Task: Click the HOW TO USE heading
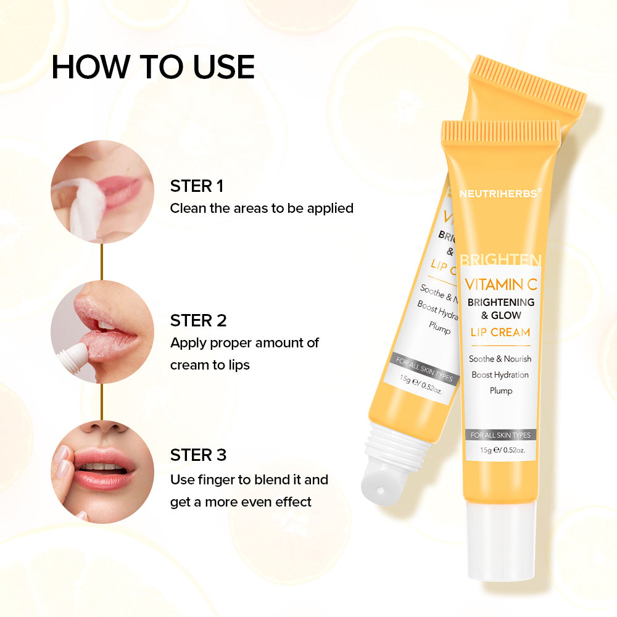(153, 67)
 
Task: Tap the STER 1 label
(197, 186)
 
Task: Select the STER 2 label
(198, 320)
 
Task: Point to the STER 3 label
(198, 455)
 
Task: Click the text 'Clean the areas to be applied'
(262, 208)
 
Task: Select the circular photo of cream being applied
(102, 331)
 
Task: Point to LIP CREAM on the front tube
(500, 332)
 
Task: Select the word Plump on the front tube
(500, 391)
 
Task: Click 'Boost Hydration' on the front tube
(500, 375)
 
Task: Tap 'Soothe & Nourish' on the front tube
(500, 358)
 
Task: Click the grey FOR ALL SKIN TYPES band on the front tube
(500, 435)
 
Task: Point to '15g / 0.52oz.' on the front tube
(500, 450)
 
